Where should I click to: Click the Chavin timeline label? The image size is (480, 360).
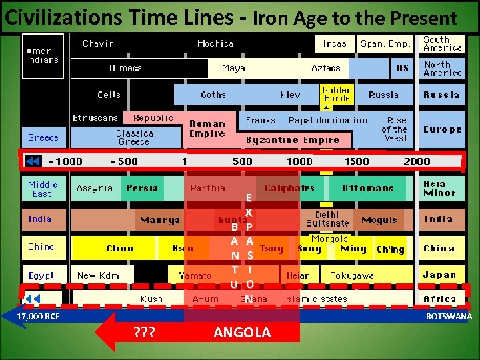(98, 44)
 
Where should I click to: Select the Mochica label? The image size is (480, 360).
(215, 44)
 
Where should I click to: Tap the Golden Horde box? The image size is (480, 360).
(337, 94)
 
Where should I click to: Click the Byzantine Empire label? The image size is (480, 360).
(293, 140)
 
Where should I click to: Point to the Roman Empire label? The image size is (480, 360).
(207, 129)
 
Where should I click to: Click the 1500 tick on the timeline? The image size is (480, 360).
(356, 161)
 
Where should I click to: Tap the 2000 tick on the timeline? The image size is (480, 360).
(417, 161)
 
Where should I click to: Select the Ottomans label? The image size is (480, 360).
(367, 188)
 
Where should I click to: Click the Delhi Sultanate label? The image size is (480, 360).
(327, 219)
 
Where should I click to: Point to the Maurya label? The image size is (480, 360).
(159, 220)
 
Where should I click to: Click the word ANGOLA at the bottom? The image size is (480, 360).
(242, 333)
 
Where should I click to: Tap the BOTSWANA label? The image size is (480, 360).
(449, 317)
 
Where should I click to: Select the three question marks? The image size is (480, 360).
(144, 333)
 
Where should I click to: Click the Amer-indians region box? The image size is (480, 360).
(43, 56)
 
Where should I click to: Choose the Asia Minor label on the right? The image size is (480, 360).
(439, 189)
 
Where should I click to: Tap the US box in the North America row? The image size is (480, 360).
(403, 68)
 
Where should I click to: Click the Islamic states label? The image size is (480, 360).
(315, 299)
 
